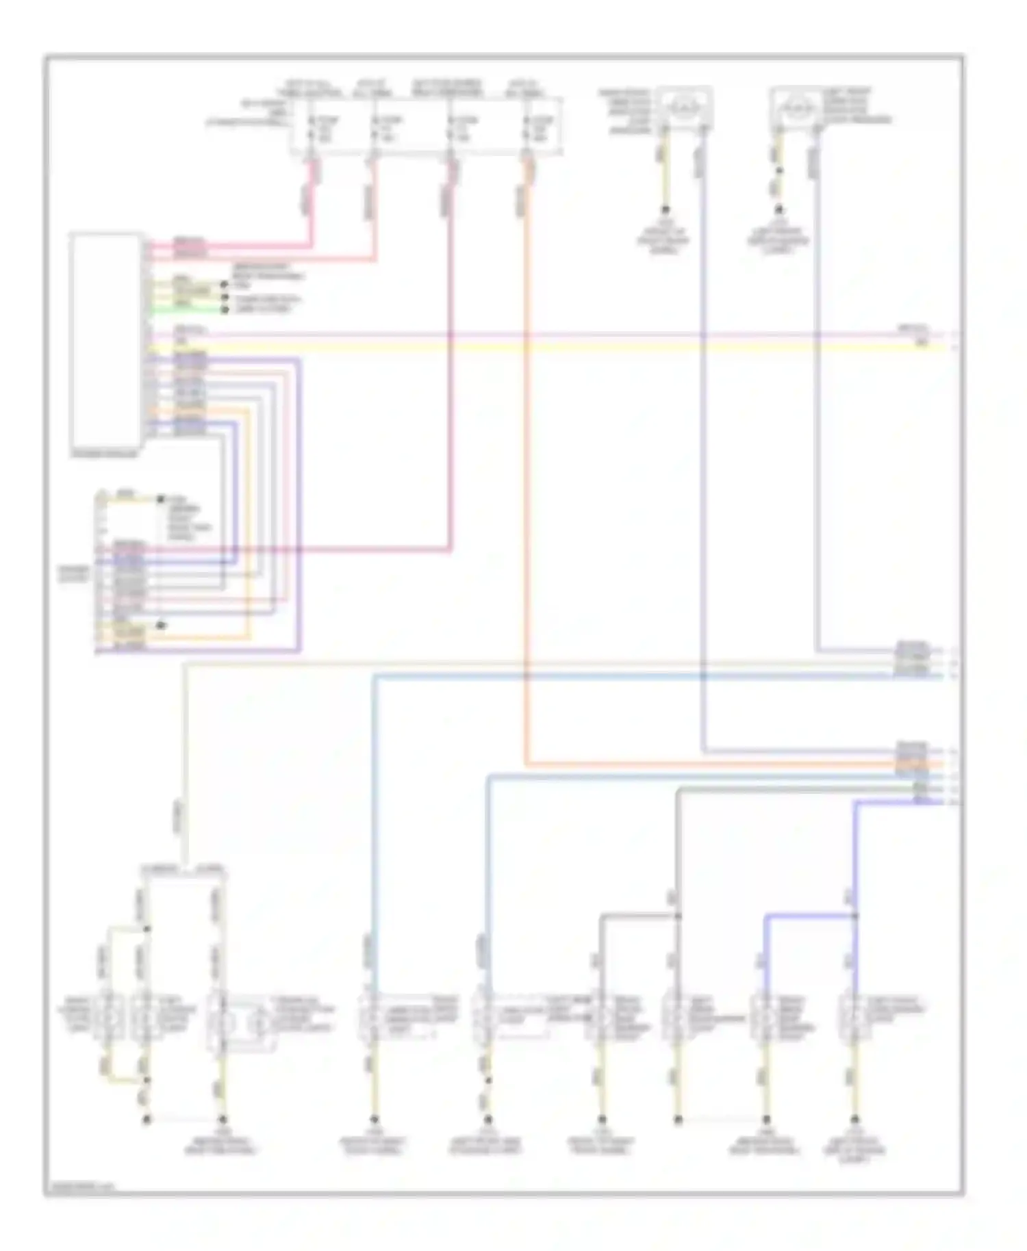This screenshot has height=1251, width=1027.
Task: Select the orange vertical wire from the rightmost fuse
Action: pos(526,479)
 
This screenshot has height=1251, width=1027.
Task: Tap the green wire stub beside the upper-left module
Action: pos(185,309)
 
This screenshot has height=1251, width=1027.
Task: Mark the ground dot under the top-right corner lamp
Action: pos(778,211)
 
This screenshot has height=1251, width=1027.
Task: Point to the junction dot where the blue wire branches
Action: pos(856,916)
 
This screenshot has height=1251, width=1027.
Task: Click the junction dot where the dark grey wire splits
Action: pos(678,916)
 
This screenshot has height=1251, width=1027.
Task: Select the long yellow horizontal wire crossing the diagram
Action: pos(548,348)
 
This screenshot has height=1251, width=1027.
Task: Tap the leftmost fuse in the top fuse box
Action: pos(312,129)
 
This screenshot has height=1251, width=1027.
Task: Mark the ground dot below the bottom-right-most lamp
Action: pos(854,1120)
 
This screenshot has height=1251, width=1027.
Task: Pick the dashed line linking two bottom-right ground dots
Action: pos(722,1120)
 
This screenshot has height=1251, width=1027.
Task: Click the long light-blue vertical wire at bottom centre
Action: pos(375,821)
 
